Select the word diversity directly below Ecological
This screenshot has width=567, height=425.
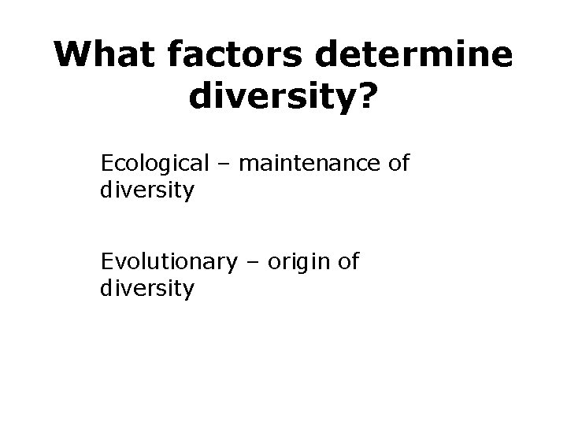coord(147,190)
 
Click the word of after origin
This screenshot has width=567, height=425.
coord(347,261)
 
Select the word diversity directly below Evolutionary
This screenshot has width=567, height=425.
coord(147,289)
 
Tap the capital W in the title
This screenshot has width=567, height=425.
coord(73,56)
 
